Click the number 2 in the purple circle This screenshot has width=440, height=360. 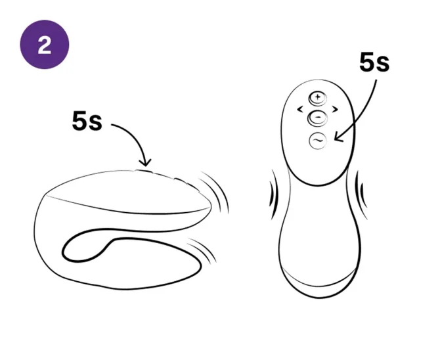point(44,44)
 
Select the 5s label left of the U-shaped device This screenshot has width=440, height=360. point(87,122)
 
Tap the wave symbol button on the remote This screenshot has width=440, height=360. point(318,140)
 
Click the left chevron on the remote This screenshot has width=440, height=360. point(300,108)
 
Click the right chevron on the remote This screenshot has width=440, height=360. point(335,108)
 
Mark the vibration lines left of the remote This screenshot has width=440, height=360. point(272,193)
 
